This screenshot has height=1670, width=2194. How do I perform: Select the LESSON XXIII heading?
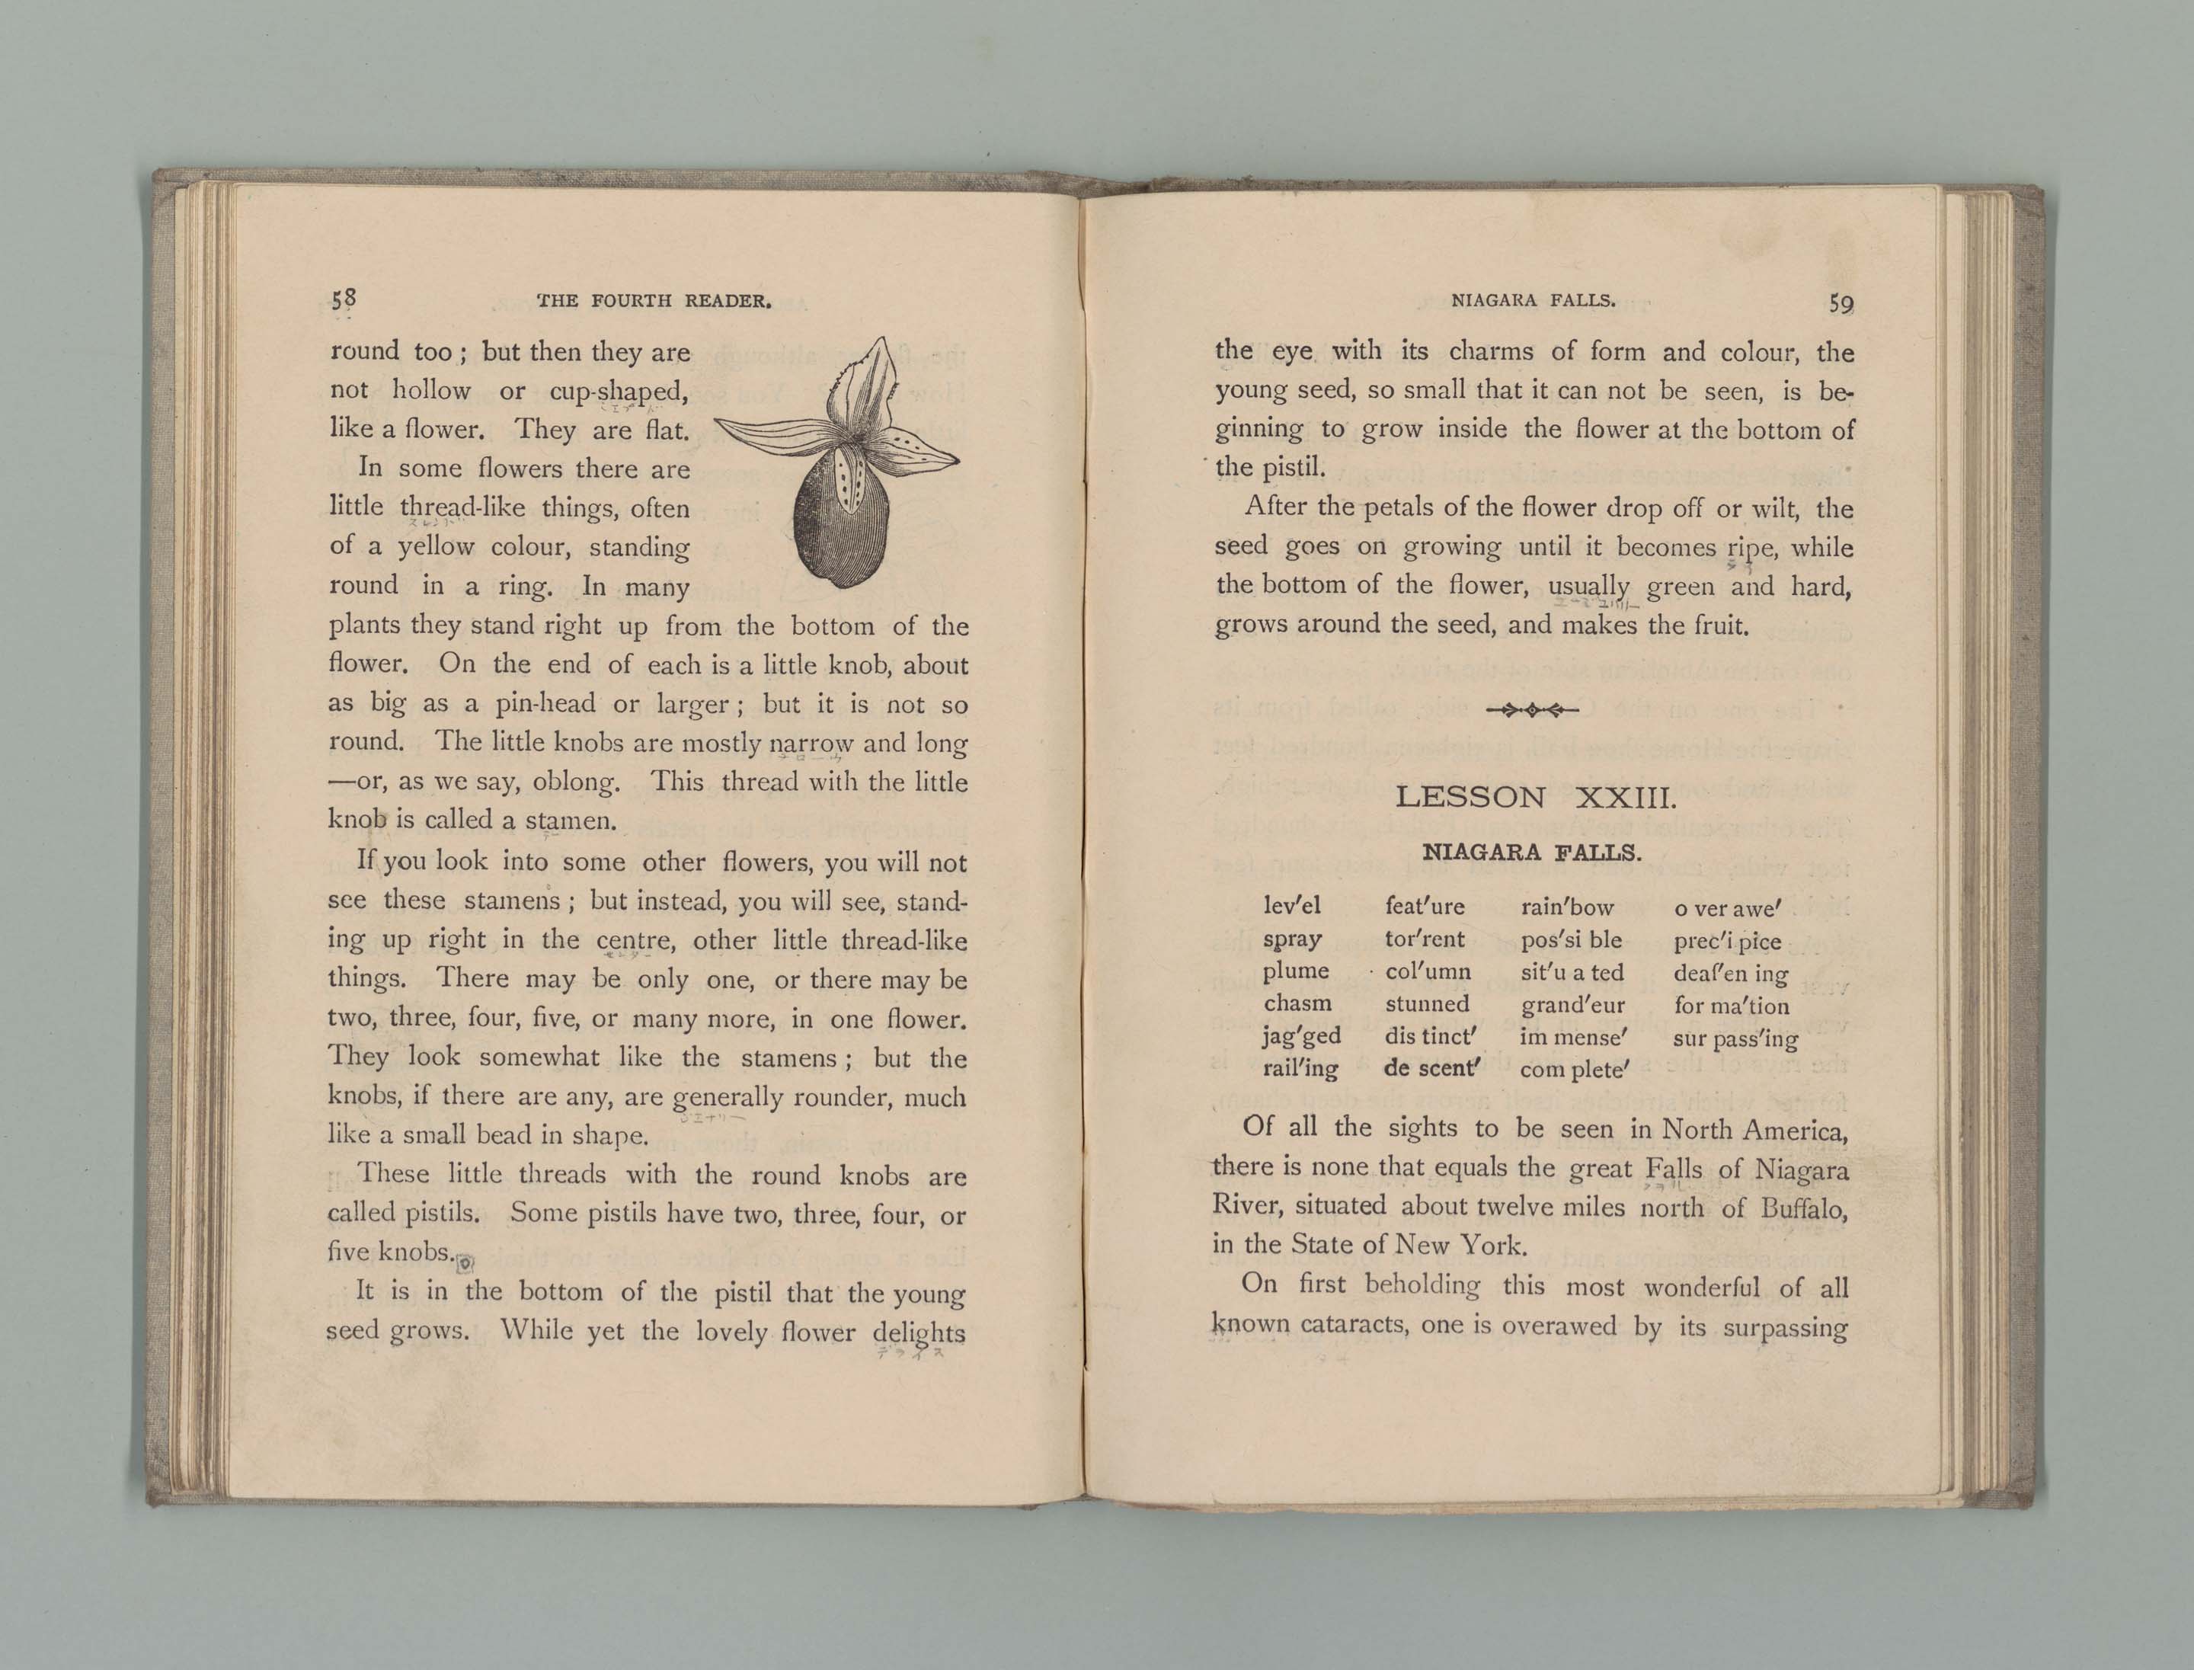1536,797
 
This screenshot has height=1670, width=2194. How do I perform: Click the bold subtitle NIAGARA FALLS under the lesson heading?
1532,852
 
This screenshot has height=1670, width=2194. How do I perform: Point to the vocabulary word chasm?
1297,1004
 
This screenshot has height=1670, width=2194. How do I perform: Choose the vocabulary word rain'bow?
1567,907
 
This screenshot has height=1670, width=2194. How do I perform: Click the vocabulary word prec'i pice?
1727,942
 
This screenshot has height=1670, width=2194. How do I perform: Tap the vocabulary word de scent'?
1432,1069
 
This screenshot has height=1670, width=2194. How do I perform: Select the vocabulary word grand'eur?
1572,1005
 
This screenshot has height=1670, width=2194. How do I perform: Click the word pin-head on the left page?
545,704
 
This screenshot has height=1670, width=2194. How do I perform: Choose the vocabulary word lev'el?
1291,906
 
